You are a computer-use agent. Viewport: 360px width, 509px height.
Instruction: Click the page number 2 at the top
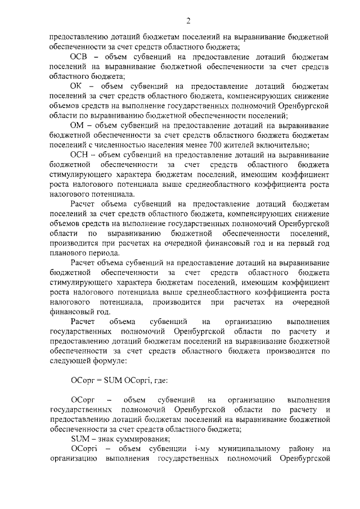[188, 21]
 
